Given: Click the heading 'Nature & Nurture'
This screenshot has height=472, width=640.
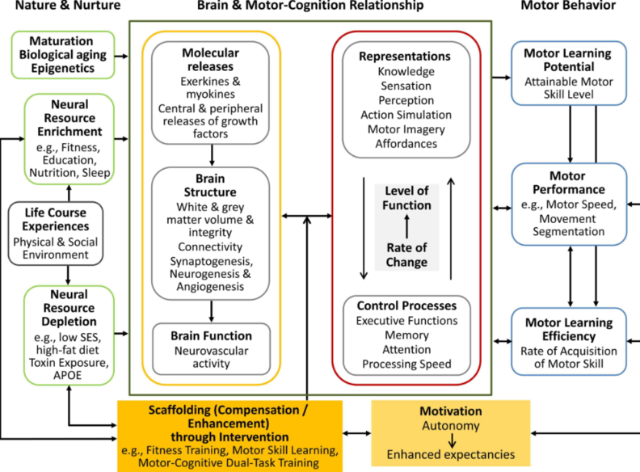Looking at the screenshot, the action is [68, 5].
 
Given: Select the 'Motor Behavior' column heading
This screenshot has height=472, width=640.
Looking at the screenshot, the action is [568, 5].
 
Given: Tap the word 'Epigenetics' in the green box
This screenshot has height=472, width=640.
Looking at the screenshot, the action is [63, 68].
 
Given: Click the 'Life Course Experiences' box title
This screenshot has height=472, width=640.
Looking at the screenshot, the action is [56, 219].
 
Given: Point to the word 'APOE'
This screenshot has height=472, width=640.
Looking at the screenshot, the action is [67, 375].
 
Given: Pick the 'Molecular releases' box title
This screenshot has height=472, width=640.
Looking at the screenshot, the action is [210, 60].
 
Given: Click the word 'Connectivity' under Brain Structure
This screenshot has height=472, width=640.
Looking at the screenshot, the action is [210, 247].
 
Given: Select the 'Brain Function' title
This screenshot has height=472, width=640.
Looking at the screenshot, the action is [211, 335].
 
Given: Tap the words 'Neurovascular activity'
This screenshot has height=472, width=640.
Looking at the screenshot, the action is [211, 357].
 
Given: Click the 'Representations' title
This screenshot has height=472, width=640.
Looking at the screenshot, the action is [405, 57].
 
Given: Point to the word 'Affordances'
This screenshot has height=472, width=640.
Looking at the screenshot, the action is [406, 144].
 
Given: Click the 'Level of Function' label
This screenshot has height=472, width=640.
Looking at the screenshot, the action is [406, 198].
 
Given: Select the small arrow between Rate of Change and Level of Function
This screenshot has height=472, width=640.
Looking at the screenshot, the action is [406, 226].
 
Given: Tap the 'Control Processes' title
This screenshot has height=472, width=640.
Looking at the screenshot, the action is [406, 306].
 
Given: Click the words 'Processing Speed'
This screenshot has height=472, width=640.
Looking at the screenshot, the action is [406, 364].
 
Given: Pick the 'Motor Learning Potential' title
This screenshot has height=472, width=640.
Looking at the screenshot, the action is [568, 60].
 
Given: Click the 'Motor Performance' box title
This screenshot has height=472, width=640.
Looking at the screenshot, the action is [569, 183].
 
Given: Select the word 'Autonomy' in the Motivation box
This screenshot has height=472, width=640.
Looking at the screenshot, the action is [451, 426].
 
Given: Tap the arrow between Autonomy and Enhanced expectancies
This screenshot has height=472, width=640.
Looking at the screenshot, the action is [452, 440].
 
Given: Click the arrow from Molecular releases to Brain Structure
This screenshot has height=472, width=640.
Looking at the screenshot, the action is [212, 155].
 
